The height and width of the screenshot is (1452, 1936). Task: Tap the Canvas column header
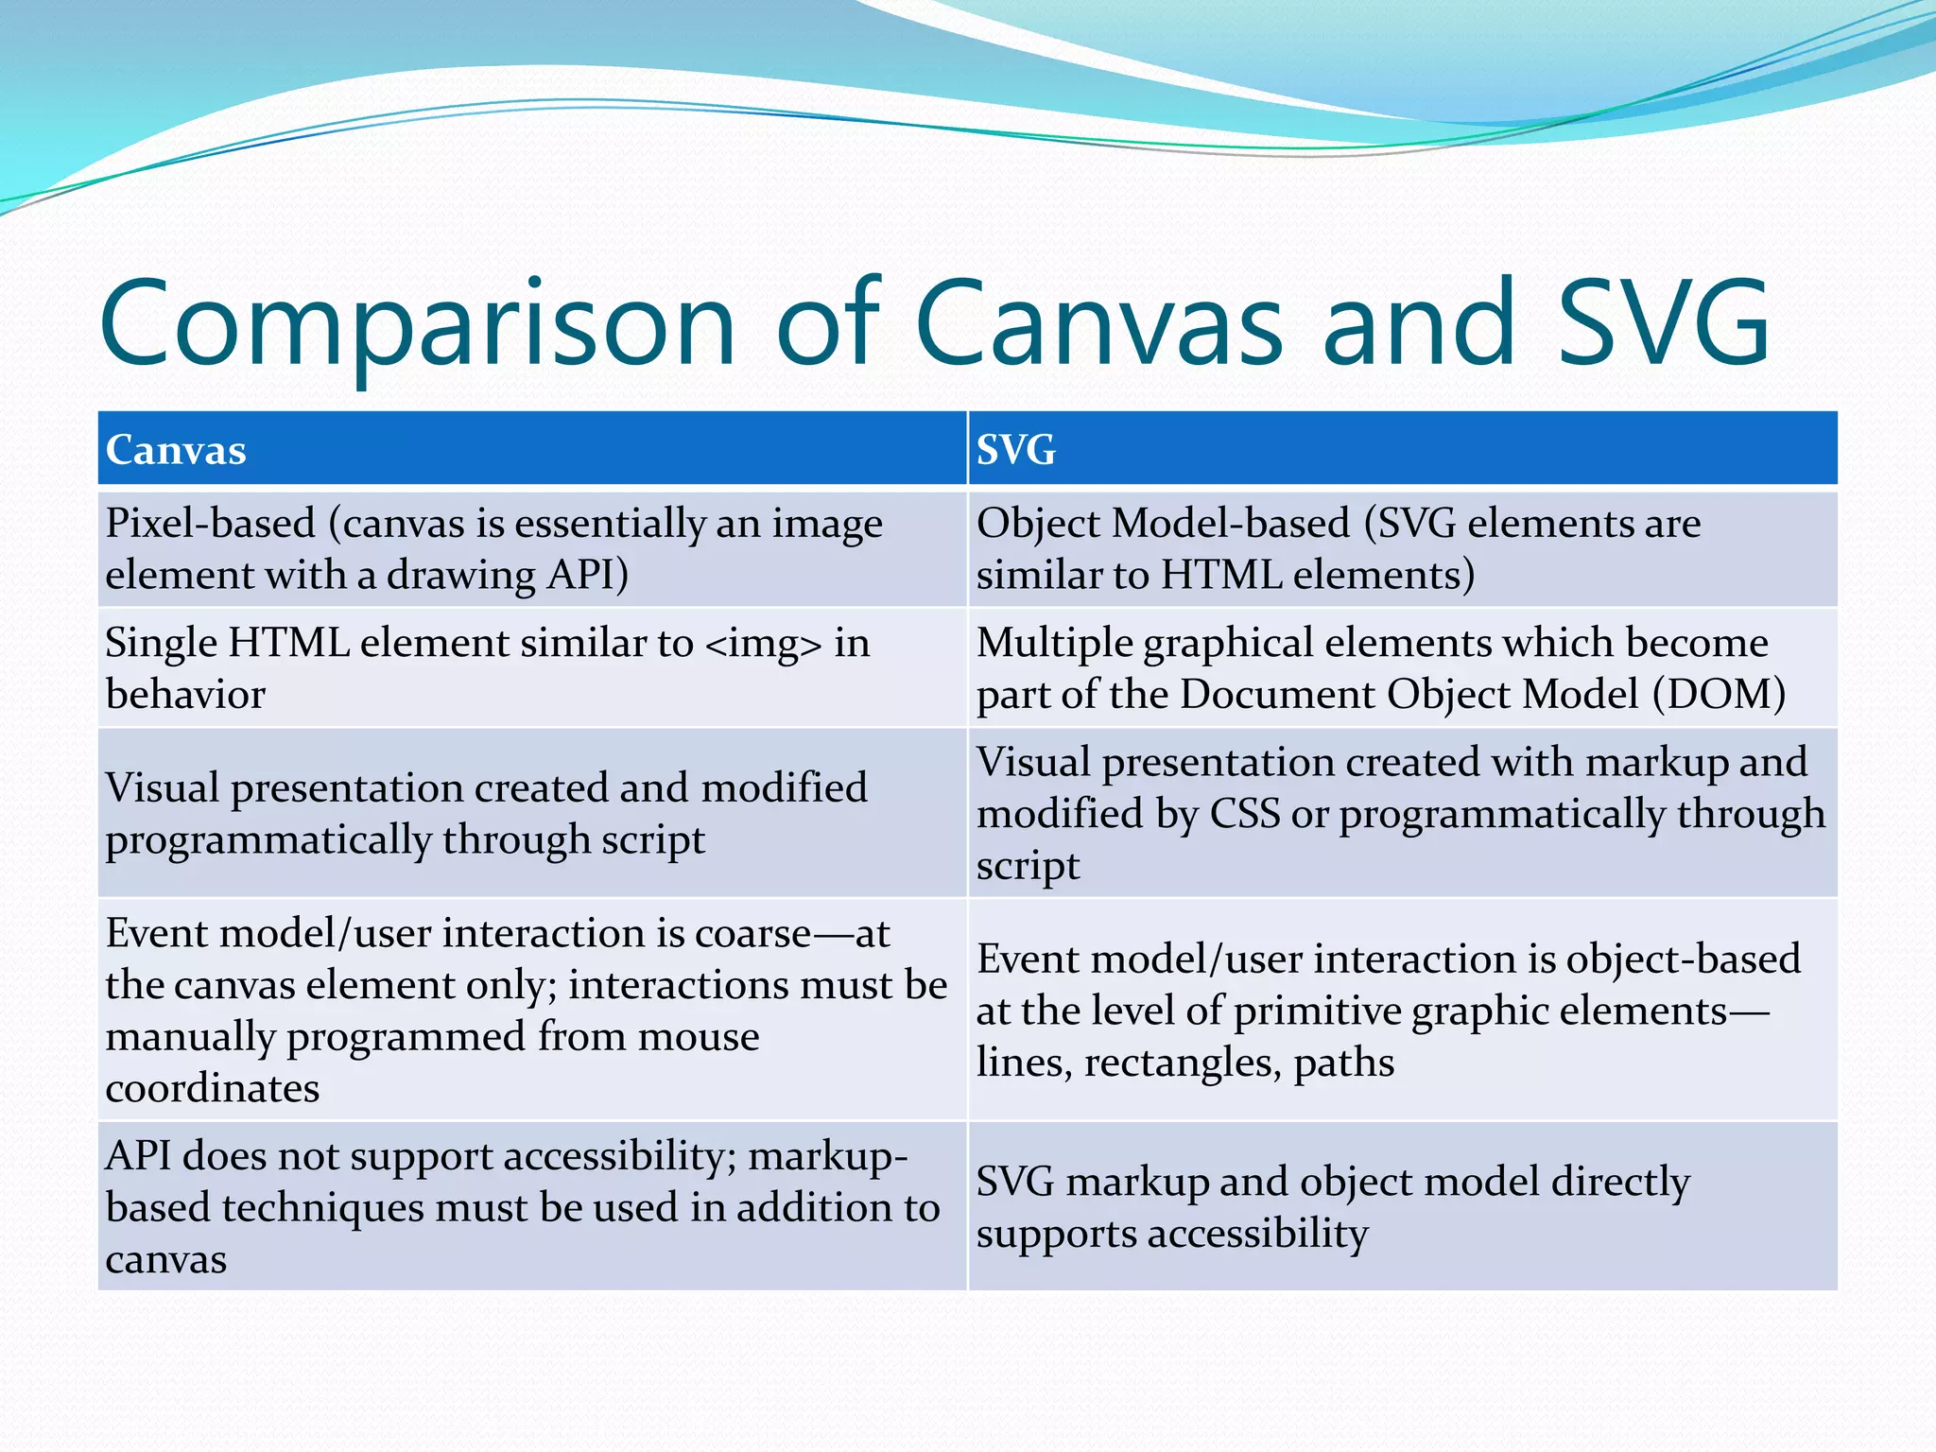(x=176, y=450)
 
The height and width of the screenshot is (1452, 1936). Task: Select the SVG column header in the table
(x=1016, y=450)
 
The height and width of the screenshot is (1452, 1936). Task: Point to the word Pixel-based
(x=210, y=524)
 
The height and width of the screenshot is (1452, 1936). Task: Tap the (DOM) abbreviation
(x=1719, y=695)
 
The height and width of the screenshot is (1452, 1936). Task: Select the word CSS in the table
(x=1245, y=815)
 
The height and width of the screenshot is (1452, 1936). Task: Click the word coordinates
(x=213, y=1089)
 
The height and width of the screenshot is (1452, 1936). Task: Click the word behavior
(x=185, y=695)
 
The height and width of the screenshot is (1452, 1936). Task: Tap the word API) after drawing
(x=588, y=575)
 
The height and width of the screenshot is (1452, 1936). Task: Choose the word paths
(x=1343, y=1063)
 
